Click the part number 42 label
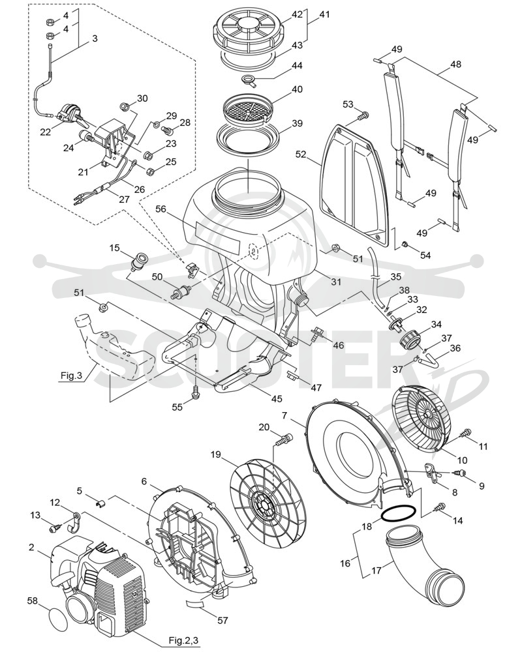[297, 14]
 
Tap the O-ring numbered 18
[399, 512]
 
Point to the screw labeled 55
[195, 391]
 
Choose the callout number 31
[336, 282]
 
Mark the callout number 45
[277, 399]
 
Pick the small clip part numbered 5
[100, 505]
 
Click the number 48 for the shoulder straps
[456, 65]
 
